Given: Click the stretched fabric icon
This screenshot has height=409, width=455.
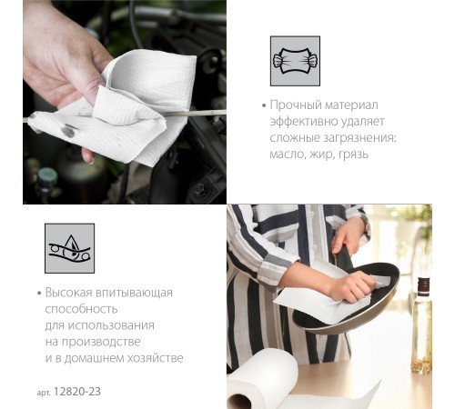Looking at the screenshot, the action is click(x=295, y=61).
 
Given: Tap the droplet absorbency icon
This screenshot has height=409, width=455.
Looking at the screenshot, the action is click(x=69, y=248).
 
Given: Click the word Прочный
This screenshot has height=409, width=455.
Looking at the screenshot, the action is click(x=296, y=105).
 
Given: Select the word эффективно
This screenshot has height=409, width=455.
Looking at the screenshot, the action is click(x=304, y=122).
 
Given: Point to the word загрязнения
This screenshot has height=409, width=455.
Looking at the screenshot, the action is click(x=360, y=138).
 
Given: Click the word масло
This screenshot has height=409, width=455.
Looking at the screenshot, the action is click(x=288, y=155).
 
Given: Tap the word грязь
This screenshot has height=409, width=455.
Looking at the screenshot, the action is click(x=353, y=155).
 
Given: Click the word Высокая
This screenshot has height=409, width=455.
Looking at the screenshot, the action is click(x=68, y=293).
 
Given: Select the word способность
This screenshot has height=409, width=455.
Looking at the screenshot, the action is click(x=81, y=309).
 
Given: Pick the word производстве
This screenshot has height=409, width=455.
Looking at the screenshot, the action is click(x=101, y=342).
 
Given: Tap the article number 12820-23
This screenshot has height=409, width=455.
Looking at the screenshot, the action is click(x=77, y=392).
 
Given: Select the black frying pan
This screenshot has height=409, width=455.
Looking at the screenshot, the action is click(x=347, y=298).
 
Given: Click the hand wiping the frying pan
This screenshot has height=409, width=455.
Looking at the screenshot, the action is click(x=351, y=285).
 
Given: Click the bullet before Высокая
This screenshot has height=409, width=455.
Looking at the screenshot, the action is click(x=39, y=294).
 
